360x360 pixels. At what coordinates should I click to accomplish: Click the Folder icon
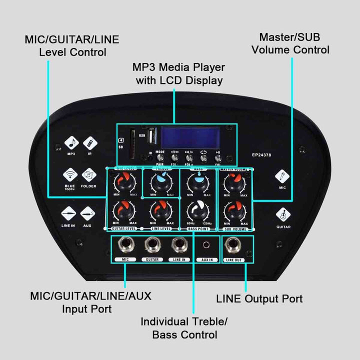click(x=88, y=175)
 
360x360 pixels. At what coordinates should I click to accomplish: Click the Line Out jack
click(x=234, y=245)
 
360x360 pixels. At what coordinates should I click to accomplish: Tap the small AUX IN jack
click(x=206, y=245)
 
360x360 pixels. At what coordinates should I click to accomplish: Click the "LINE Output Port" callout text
click(x=259, y=299)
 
